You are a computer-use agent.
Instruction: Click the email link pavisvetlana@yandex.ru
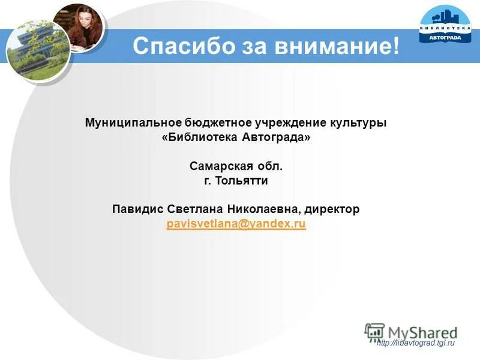(236, 224)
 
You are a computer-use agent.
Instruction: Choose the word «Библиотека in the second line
(199, 137)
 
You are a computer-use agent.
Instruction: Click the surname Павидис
(137, 209)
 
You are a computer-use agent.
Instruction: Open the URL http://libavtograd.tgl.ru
(416, 343)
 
